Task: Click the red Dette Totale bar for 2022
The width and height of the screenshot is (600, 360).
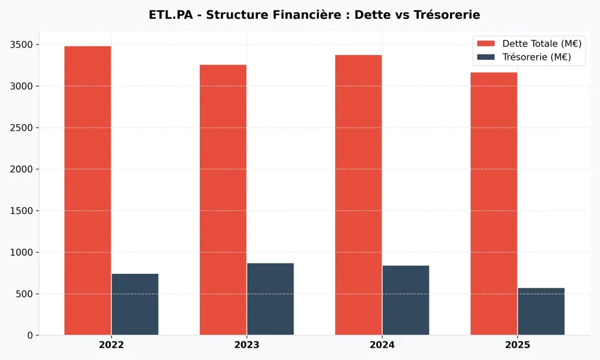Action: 88,191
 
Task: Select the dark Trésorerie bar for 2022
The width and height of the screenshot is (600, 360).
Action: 135,304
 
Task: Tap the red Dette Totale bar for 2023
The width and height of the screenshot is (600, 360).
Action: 223,199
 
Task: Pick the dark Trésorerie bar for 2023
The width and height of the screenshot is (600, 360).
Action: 270,299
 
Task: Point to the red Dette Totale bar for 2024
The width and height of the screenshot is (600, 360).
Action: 359,195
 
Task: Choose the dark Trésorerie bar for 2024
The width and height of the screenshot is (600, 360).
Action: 405,300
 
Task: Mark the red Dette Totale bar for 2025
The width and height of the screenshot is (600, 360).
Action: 494,203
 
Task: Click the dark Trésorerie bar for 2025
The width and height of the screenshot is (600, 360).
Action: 541,311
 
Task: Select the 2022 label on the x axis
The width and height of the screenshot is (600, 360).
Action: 111,345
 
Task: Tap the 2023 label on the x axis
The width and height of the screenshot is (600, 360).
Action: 247,345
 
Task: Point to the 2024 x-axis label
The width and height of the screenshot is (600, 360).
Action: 382,345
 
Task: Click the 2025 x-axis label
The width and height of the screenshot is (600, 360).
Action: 517,345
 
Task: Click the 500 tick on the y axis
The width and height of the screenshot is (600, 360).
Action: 25,294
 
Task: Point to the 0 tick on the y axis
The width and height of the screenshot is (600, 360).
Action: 30,335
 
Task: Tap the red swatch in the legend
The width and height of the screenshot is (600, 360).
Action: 486,44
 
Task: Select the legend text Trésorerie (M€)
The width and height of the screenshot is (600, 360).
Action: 536,57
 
